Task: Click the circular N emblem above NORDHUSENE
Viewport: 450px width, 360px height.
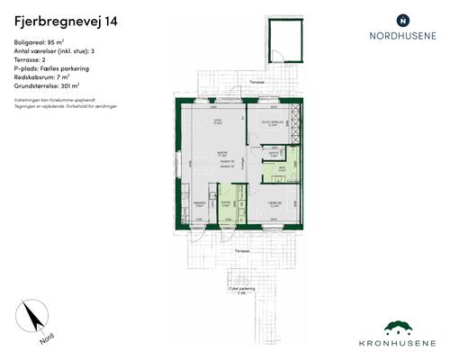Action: (x=403, y=19)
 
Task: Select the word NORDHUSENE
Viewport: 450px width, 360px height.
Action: (x=403, y=37)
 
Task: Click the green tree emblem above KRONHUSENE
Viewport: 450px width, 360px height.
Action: (x=403, y=327)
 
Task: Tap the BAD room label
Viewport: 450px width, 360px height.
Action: (x=282, y=167)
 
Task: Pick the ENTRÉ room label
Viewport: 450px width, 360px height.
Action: (x=225, y=204)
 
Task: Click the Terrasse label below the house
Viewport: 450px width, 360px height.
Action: (x=236, y=249)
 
